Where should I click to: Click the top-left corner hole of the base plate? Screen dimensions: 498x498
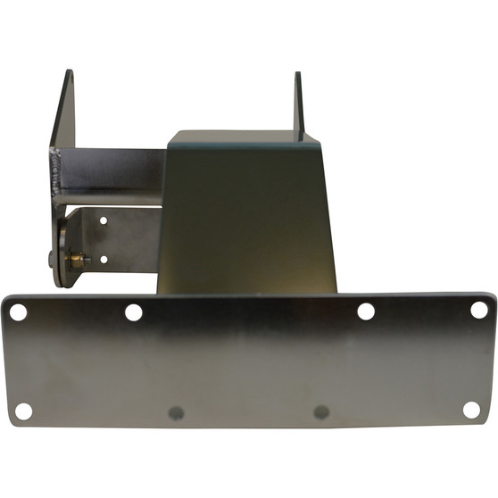tap(17, 312)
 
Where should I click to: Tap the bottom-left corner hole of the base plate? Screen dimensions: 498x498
tap(23, 411)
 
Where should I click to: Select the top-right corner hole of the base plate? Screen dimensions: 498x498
tap(479, 310)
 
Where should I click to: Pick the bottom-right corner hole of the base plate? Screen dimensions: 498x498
tap(471, 409)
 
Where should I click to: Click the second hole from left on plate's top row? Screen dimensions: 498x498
tap(134, 312)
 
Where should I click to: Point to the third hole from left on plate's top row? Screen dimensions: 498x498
tap(366, 311)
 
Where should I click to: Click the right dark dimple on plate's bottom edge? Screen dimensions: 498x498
tap(321, 412)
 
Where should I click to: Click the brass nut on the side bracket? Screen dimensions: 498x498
tap(78, 260)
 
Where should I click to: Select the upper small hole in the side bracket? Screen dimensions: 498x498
tap(104, 220)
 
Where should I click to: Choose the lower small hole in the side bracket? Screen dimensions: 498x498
tap(104, 259)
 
